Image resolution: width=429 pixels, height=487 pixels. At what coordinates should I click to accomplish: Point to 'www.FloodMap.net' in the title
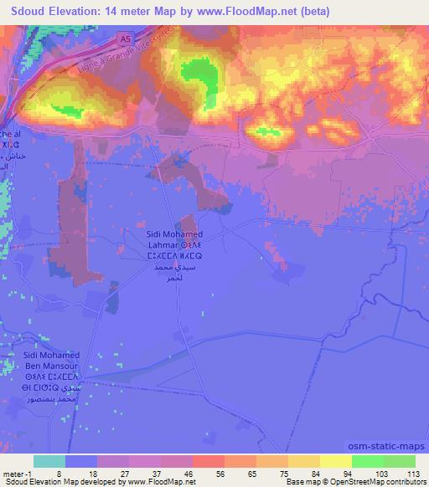[x=246, y=12]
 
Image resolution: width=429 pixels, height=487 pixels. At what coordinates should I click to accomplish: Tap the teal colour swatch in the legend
[x=49, y=461]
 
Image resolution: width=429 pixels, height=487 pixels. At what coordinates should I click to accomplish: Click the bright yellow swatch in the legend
[x=335, y=461]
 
